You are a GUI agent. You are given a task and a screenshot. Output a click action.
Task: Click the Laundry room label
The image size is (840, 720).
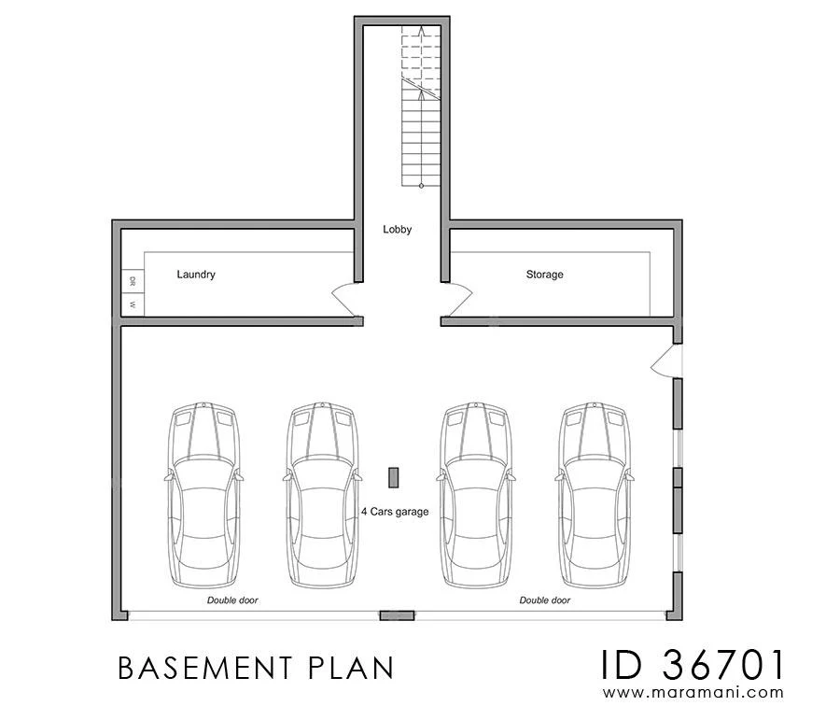point(196,275)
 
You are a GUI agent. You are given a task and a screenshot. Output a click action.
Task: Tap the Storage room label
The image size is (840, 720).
point(544,275)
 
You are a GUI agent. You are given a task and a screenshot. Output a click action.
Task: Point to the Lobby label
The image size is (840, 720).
point(397,229)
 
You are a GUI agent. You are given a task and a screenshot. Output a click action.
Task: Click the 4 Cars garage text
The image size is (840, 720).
point(395,512)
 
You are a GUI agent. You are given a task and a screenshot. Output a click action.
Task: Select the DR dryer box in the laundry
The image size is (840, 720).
point(133,281)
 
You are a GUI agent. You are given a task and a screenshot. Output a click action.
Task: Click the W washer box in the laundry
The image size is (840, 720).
point(133,304)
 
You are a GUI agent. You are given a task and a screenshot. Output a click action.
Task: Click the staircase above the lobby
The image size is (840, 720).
point(420,107)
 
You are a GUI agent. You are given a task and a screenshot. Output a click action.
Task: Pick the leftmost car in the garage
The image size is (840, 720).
point(205,495)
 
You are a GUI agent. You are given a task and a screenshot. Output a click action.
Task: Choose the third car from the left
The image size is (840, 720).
point(479,495)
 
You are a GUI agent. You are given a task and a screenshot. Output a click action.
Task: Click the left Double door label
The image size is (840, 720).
point(232,600)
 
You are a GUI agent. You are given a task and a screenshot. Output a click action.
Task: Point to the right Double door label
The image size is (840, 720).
point(545,600)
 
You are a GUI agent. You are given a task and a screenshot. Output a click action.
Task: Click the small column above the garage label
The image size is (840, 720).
point(395,476)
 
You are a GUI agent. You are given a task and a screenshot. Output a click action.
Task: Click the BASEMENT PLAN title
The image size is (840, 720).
point(256,668)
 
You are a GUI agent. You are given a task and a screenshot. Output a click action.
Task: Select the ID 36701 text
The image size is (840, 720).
point(693,665)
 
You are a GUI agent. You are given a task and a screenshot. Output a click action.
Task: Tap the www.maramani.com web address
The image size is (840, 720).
point(693,693)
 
